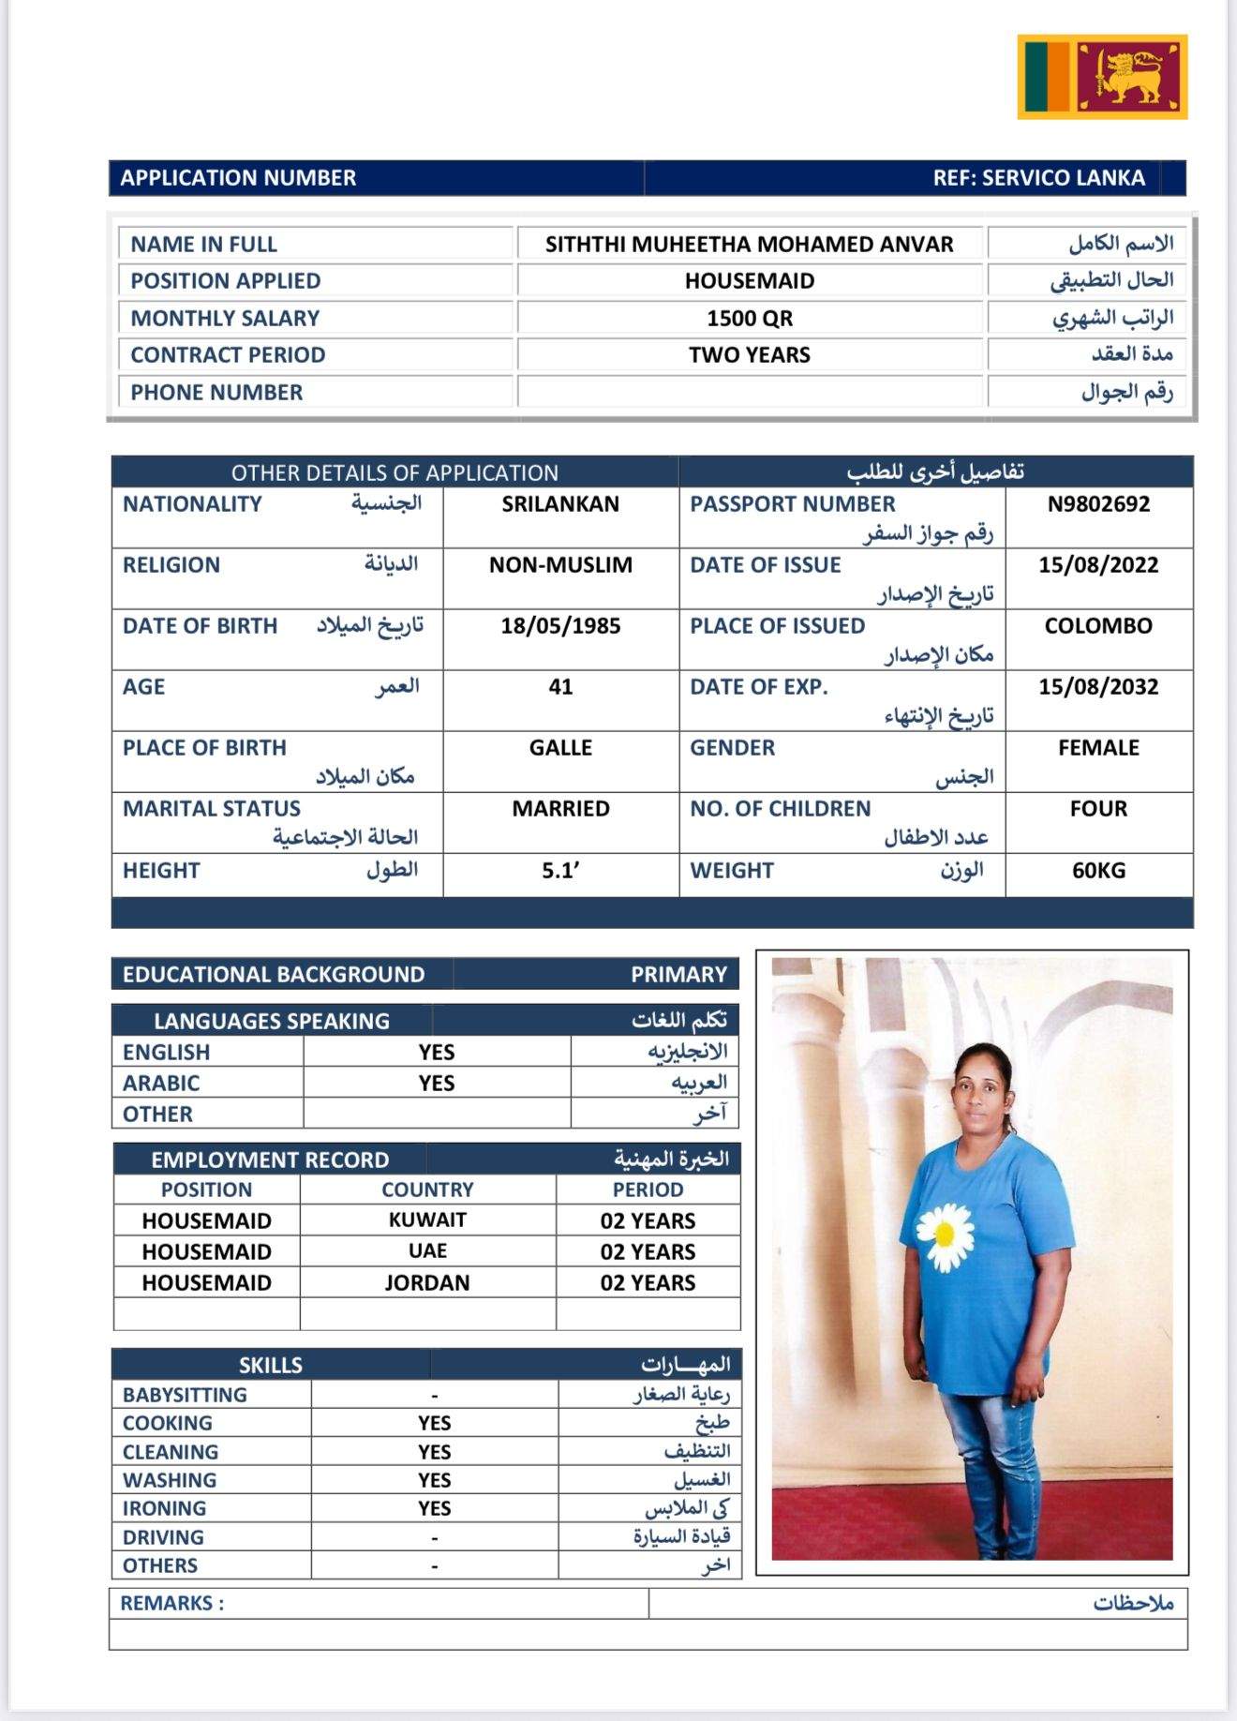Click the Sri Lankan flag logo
click(x=1102, y=77)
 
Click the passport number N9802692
click(x=1098, y=504)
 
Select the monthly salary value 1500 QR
click(x=750, y=319)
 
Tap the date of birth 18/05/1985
click(x=560, y=626)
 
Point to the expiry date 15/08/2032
click(x=1098, y=687)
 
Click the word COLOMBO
click(x=1098, y=626)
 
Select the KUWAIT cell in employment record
click(x=427, y=1220)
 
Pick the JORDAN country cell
click(x=427, y=1282)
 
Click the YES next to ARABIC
click(x=437, y=1084)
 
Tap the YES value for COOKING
click(x=435, y=1423)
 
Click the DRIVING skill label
click(x=163, y=1537)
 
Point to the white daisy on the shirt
click(x=944, y=1235)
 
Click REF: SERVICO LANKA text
click(x=1038, y=178)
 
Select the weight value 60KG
click(x=1098, y=871)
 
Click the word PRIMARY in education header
click(x=678, y=975)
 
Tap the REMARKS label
click(x=171, y=1604)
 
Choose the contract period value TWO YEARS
click(x=750, y=355)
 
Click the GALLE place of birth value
click(x=560, y=748)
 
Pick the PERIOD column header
click(x=648, y=1190)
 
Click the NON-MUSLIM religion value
click(x=560, y=565)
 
